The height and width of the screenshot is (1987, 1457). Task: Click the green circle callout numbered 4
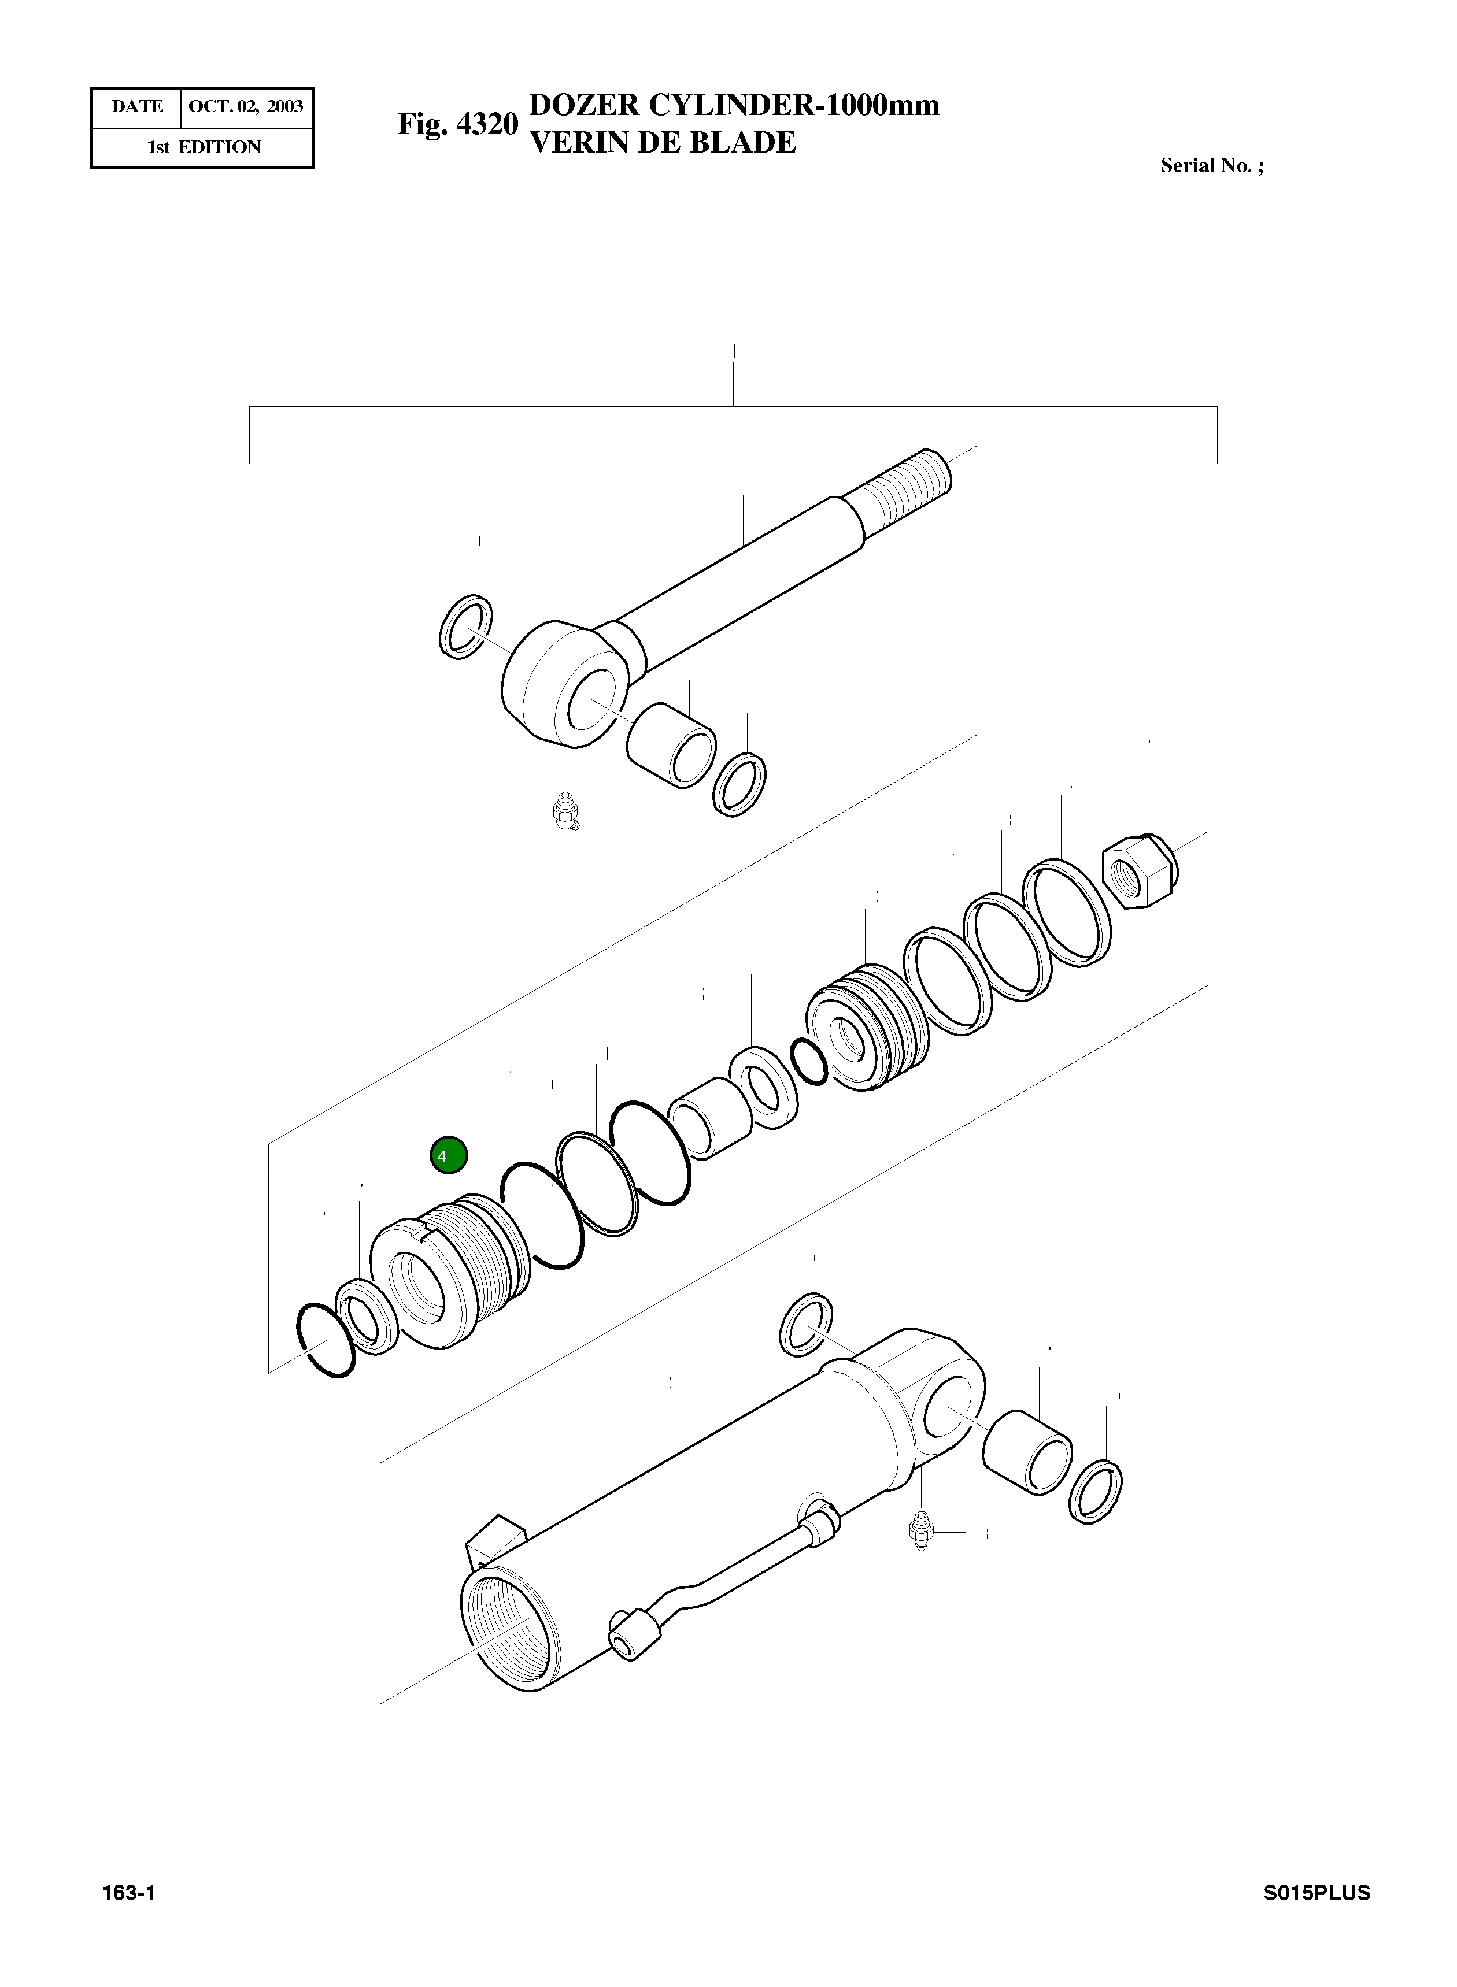tap(448, 1155)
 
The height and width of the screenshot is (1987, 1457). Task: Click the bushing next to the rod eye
tap(672, 746)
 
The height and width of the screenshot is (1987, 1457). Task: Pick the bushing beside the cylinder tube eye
tap(1027, 1452)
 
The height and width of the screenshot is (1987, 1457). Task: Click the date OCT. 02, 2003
tap(246, 107)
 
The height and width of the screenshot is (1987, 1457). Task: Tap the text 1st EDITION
tap(204, 147)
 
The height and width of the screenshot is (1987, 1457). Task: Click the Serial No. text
tap(1212, 166)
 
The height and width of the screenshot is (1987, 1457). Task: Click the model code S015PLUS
tap(1316, 1893)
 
